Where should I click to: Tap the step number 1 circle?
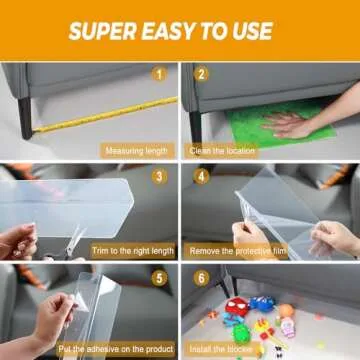(x=157, y=75)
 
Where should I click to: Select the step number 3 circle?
(x=157, y=176)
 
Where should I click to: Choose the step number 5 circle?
(x=157, y=276)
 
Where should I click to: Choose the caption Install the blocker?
(x=227, y=350)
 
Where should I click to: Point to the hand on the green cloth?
(x=291, y=124)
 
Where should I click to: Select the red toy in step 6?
(x=237, y=308)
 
